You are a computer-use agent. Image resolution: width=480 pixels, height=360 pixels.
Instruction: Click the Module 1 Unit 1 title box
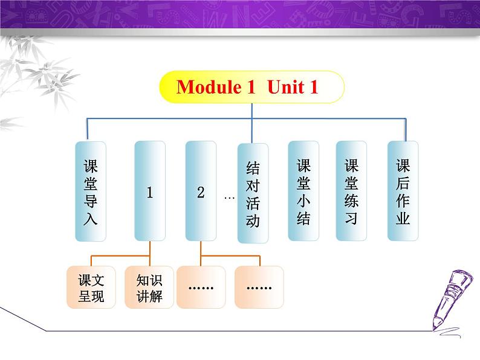[251, 88]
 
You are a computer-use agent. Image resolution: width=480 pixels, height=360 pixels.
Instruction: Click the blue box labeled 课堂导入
[90, 192]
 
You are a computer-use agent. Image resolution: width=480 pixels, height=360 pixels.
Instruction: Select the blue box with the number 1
[149, 192]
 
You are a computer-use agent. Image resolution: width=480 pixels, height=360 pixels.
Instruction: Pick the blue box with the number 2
[201, 192]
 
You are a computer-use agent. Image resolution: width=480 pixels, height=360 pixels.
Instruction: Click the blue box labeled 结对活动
[253, 193]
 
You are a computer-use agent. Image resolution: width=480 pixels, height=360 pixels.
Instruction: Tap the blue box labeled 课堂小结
[303, 191]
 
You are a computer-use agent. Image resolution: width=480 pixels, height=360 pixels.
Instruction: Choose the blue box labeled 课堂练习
[351, 191]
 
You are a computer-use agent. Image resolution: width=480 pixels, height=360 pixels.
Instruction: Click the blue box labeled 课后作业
[403, 191]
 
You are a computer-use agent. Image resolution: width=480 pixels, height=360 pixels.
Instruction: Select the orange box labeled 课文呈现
[91, 288]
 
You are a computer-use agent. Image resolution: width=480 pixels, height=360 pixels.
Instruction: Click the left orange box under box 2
[201, 288]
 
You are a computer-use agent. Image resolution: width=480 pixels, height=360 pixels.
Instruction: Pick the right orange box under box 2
[259, 288]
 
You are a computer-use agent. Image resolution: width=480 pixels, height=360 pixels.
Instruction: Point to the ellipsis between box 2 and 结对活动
[229, 197]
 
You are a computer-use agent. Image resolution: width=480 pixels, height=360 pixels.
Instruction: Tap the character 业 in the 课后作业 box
[403, 217]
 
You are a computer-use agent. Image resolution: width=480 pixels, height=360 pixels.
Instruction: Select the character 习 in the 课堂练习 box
[351, 217]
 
